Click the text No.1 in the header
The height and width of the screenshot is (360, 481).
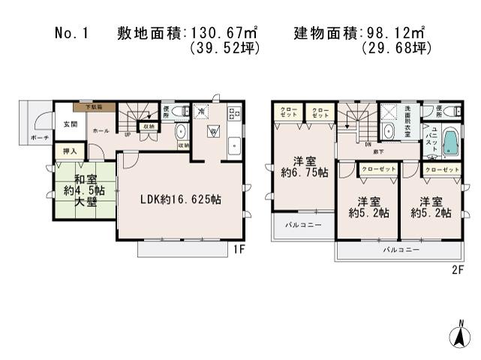[72, 34]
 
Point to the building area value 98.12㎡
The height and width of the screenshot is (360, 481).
[393, 34]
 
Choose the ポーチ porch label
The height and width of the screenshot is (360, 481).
[41, 139]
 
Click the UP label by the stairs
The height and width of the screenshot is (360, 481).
[127, 135]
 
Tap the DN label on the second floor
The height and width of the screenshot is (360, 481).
[368, 145]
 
